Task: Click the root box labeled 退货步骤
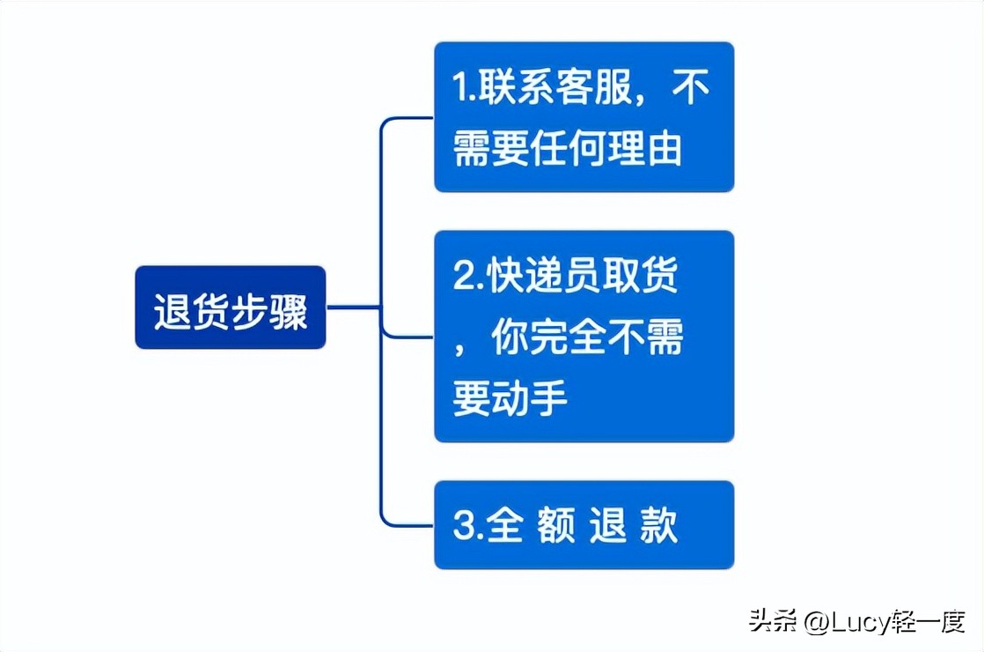click(231, 308)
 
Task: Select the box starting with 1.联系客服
click(584, 116)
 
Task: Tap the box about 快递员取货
click(584, 337)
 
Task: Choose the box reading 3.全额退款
click(584, 525)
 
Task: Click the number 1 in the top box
click(459, 88)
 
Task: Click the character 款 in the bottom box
click(659, 525)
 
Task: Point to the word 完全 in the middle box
click(569, 338)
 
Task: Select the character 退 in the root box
click(173, 310)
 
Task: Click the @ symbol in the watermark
click(815, 622)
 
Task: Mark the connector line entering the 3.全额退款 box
click(409, 526)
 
